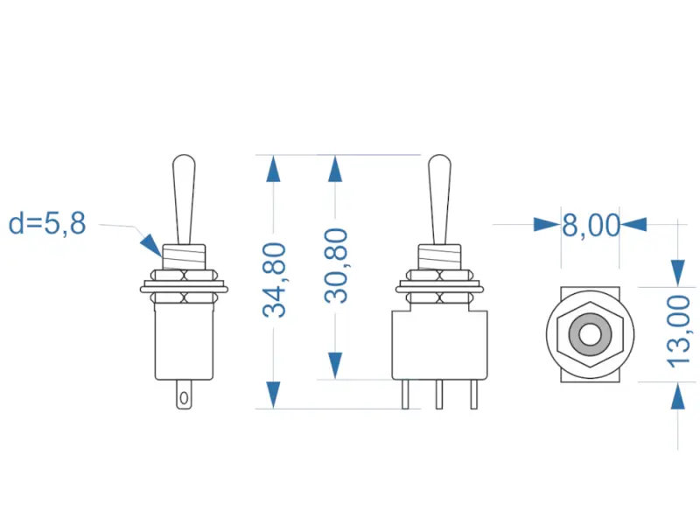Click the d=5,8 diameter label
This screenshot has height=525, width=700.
(47, 224)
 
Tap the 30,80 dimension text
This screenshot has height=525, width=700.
(335, 265)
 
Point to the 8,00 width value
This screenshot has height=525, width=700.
(590, 225)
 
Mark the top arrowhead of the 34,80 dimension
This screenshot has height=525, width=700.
(274, 169)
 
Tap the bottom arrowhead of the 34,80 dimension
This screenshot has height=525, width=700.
(274, 395)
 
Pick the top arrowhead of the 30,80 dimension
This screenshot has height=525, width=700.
(334, 169)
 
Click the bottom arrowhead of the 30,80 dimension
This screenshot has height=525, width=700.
(334, 366)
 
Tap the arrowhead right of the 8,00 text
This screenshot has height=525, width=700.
(633, 225)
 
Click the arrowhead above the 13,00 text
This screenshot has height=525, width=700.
(678, 272)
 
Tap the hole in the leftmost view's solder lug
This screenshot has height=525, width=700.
(183, 399)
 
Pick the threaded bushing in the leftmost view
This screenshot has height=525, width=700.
(184, 256)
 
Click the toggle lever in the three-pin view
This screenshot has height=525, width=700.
(439, 197)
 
